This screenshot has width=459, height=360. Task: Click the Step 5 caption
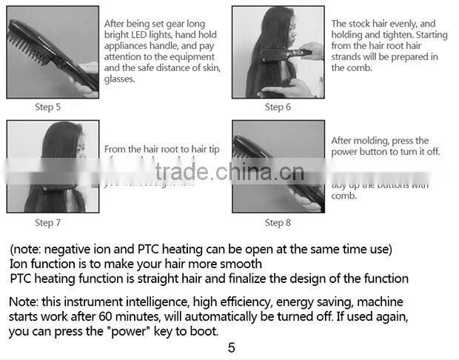48,107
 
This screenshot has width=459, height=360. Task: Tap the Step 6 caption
278,107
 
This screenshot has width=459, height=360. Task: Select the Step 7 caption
48,222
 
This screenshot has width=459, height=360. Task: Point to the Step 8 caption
278,222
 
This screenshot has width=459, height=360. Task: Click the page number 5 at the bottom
231,347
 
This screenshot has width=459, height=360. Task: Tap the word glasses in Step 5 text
119,79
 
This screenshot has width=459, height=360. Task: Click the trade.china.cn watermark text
229,173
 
